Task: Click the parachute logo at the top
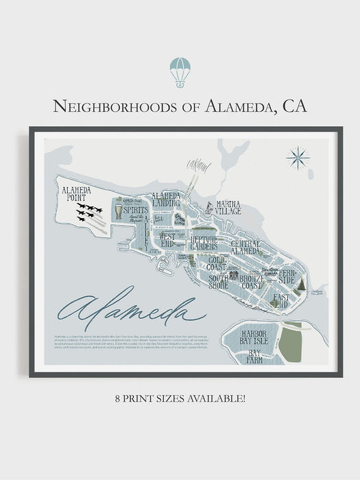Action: (180, 72)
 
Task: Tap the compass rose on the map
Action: (298, 158)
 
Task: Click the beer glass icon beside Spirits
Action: (118, 211)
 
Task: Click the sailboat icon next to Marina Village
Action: (208, 206)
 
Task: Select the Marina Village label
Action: (228, 207)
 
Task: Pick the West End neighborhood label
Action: (167, 239)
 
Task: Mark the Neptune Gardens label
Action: (204, 243)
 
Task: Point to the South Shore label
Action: (218, 281)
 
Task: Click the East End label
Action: (280, 300)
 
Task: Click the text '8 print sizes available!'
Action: (180, 398)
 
